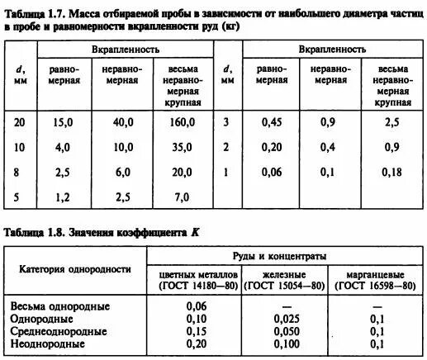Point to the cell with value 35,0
pyautogui.click(x=182, y=148)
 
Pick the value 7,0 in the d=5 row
pyautogui.click(x=182, y=197)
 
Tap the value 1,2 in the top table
pyautogui.click(x=64, y=197)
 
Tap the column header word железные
pyautogui.click(x=283, y=274)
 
